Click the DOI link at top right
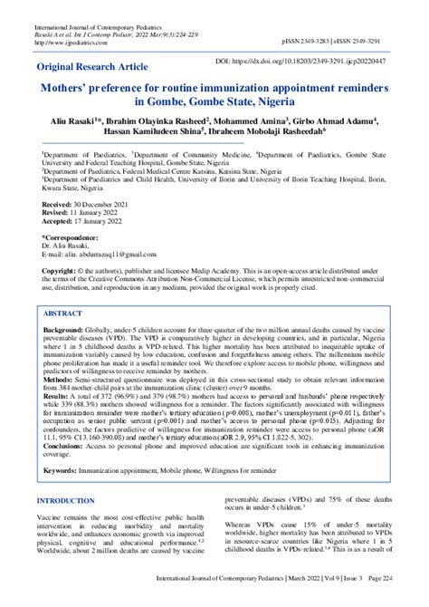click(x=305, y=60)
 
